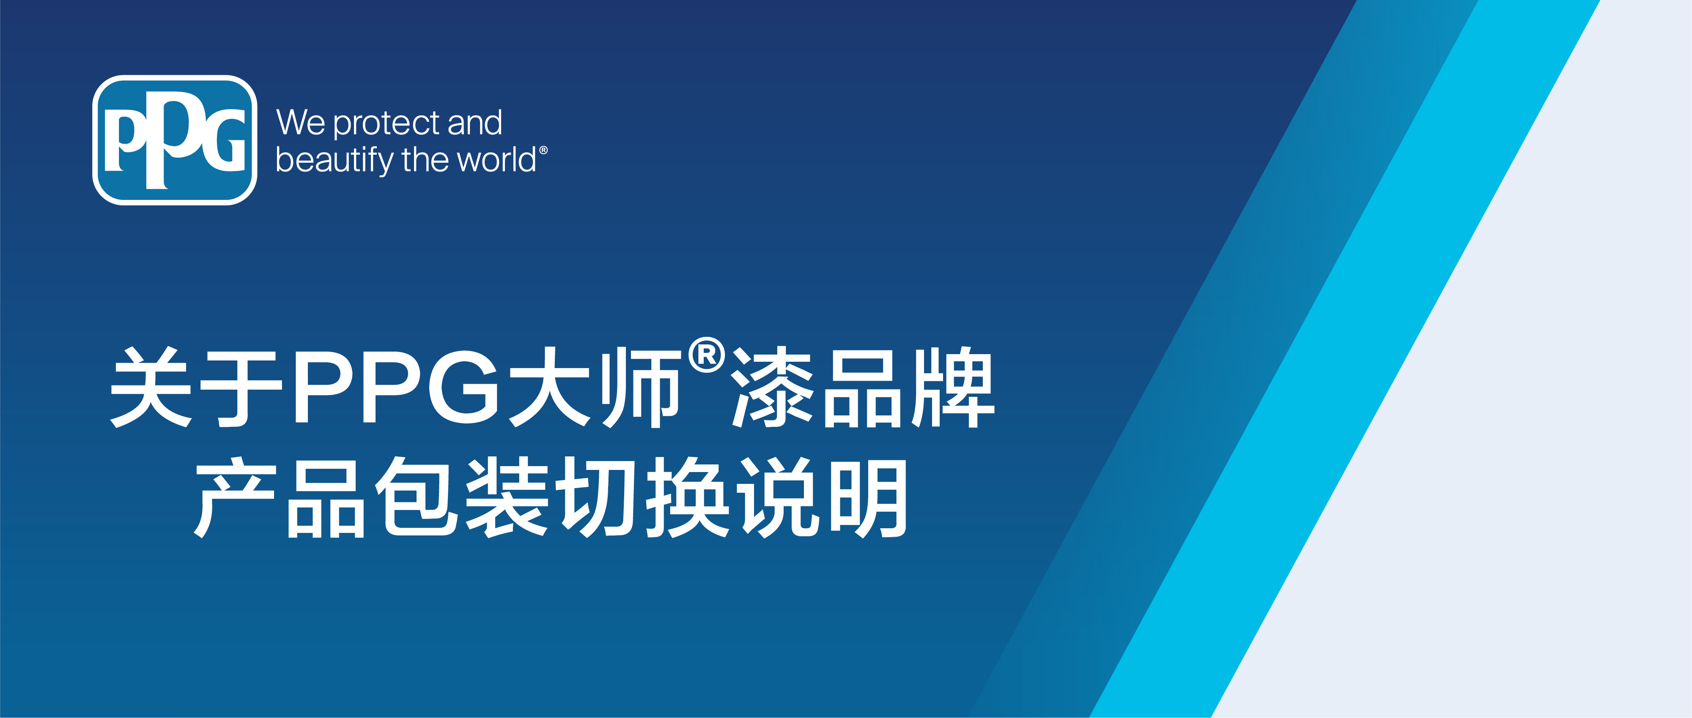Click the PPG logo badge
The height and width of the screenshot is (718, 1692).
[175, 140]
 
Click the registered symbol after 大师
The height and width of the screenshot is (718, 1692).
[707, 355]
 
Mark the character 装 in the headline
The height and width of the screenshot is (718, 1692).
[507, 497]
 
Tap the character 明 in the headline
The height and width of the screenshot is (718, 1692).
[868, 497]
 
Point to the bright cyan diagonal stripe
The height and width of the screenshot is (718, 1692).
[1344, 359]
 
